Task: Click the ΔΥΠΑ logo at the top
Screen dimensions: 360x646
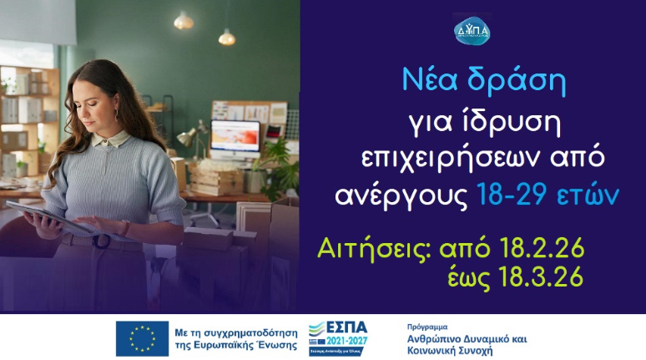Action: click(x=472, y=32)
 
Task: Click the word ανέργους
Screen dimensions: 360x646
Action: click(x=401, y=197)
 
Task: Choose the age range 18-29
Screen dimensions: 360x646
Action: click(x=510, y=196)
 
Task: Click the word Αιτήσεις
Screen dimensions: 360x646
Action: click(x=368, y=249)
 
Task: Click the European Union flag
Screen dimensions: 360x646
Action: click(x=142, y=338)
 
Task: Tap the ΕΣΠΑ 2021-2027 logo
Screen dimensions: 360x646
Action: click(x=338, y=337)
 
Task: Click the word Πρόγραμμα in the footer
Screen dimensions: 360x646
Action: click(x=427, y=327)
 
